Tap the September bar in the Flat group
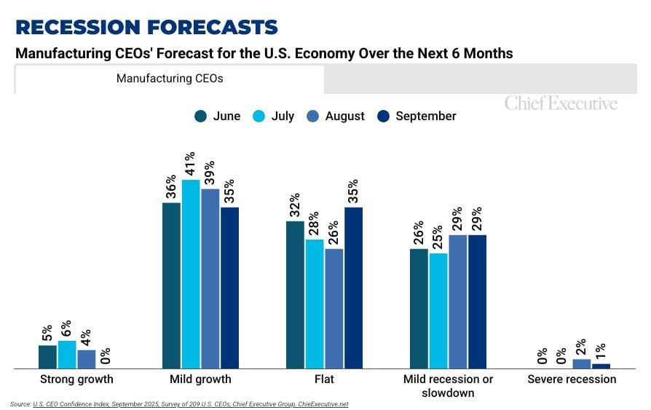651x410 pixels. pos(354,288)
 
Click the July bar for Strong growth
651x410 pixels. pos(67,355)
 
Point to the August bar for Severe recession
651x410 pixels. pos(582,364)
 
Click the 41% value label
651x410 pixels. pos(190,165)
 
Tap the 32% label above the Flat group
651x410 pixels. pos(295,206)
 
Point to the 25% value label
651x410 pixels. pos(438,238)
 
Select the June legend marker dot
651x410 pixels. pos(200,117)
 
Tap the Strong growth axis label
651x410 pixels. pos(76,379)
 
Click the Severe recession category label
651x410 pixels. pos(572,379)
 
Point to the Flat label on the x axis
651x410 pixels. pos(324,379)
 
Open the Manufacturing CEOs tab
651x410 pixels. pos(169,79)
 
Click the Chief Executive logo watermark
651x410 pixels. pos(561,103)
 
